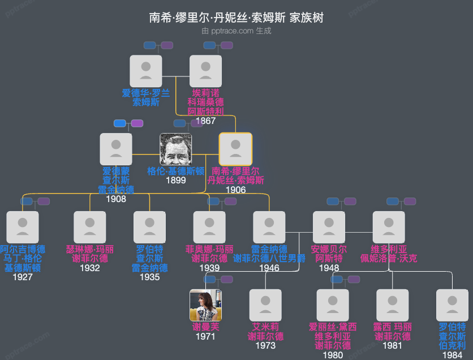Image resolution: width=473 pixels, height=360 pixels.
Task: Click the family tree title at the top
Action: click(x=236, y=18)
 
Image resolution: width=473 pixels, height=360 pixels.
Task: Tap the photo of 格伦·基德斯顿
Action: click(x=175, y=149)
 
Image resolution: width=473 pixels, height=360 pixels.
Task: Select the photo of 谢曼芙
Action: click(x=205, y=305)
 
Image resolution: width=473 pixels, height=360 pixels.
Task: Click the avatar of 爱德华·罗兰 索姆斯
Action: click(x=146, y=71)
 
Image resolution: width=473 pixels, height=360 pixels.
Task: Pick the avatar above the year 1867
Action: click(x=205, y=71)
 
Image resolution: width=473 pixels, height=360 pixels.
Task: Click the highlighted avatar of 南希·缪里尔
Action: click(x=235, y=149)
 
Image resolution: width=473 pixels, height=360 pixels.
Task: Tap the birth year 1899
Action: click(x=175, y=181)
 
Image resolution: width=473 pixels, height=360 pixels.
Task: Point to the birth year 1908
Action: click(x=116, y=199)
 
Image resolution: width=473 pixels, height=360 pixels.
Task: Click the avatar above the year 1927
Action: click(x=23, y=227)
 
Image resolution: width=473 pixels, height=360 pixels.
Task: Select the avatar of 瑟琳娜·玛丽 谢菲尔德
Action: click(x=90, y=227)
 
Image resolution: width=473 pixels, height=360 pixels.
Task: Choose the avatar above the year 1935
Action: click(x=149, y=227)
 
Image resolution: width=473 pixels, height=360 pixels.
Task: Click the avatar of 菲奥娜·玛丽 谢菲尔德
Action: click(x=209, y=227)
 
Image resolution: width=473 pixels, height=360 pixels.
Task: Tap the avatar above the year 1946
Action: click(x=269, y=227)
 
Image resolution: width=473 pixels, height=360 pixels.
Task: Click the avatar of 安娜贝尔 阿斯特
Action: click(x=329, y=227)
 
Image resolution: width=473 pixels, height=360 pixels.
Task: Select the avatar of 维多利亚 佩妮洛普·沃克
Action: click(x=389, y=227)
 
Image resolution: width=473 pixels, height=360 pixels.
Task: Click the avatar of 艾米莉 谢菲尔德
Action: click(x=265, y=305)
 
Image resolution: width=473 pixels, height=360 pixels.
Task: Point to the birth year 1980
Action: click(x=333, y=355)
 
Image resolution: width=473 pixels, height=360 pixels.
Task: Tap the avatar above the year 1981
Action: click(x=392, y=305)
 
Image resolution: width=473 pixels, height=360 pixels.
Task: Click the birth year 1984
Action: click(x=452, y=355)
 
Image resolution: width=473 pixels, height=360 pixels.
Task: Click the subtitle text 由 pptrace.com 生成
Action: click(x=236, y=31)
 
